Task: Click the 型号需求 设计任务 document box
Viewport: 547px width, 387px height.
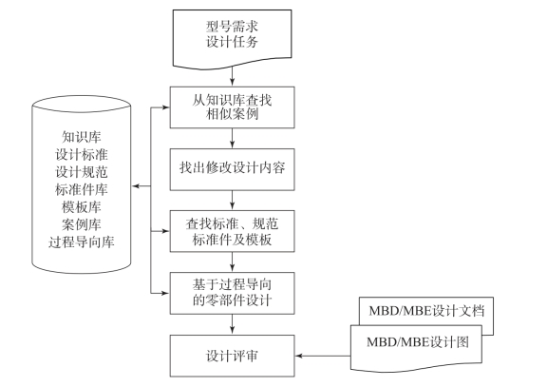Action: tap(233, 38)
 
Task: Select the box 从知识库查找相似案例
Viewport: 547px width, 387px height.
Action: tap(233, 107)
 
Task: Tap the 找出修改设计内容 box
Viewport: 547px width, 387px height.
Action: tap(233, 169)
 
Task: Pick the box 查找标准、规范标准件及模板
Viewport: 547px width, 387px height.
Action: tap(233, 231)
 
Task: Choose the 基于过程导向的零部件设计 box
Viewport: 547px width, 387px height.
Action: tap(233, 294)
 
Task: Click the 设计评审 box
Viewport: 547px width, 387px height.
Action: tap(233, 356)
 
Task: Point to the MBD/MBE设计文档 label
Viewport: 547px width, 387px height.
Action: tap(426, 311)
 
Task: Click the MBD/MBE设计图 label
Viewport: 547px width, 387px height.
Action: tap(418, 342)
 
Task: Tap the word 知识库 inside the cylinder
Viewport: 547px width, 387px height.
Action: tap(82, 137)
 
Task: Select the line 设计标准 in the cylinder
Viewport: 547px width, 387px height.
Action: tap(82, 154)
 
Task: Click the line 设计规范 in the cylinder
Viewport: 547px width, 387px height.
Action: tap(82, 172)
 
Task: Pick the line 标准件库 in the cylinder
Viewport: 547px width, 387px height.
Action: tap(82, 189)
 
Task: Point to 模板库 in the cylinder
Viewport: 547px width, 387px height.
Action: tap(82, 206)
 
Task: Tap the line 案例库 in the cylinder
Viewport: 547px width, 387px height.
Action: tap(82, 224)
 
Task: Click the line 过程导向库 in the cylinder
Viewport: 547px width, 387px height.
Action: tap(82, 242)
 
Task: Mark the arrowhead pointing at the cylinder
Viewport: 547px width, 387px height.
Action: tap(136, 186)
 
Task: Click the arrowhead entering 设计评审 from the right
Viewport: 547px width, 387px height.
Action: tap(298, 356)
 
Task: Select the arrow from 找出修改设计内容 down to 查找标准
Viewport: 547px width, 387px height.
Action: tap(233, 201)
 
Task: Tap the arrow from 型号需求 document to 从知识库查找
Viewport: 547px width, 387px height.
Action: tap(233, 76)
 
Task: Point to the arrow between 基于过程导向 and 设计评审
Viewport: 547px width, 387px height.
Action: tap(233, 324)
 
